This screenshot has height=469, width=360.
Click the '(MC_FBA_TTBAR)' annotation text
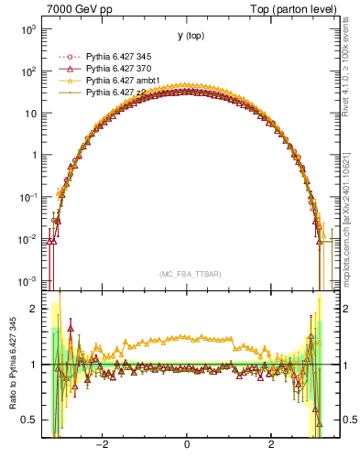pyautogui.click(x=187, y=274)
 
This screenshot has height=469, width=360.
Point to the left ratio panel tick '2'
pyautogui.click(x=33, y=309)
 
